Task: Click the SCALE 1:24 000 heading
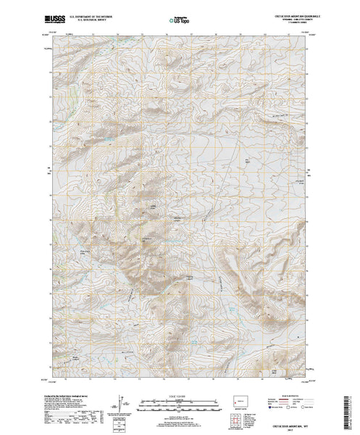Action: (177, 397)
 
